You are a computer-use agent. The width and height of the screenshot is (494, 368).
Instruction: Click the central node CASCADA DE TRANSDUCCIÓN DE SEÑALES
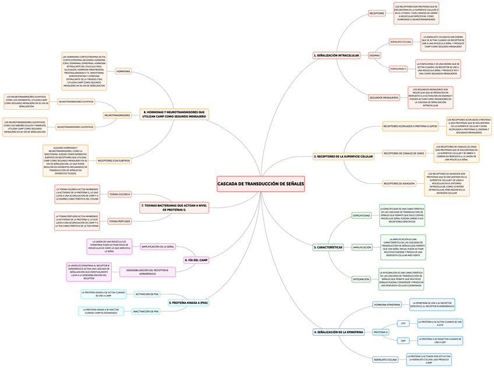[260, 184]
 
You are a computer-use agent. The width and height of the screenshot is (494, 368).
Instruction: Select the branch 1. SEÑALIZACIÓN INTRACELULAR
[336, 55]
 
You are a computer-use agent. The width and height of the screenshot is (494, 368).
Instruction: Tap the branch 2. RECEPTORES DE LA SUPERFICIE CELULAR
[343, 156]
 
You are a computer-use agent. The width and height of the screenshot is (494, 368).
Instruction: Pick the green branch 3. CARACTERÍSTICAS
[328, 247]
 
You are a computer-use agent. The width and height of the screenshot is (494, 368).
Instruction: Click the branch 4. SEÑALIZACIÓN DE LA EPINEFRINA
[338, 332]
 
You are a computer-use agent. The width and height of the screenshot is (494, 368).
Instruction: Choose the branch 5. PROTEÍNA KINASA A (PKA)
[188, 303]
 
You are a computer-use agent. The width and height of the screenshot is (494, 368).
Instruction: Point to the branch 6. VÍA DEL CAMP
[196, 260]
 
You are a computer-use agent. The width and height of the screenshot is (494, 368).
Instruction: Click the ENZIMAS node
[375, 55]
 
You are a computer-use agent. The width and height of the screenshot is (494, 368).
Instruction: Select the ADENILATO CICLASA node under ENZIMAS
[401, 42]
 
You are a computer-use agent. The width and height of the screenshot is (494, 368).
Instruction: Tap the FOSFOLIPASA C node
[398, 69]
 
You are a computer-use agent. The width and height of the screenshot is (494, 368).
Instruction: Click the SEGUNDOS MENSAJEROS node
[384, 97]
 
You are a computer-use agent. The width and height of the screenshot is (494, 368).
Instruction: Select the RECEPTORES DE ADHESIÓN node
[399, 183]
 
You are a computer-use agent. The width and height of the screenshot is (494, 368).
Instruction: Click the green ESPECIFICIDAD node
[361, 215]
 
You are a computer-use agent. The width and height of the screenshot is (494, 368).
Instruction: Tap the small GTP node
[403, 323]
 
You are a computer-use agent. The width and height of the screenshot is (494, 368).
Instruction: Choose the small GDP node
[403, 341]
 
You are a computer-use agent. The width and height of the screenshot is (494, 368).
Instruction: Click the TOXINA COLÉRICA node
[119, 194]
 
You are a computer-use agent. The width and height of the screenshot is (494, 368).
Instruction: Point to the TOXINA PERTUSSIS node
[119, 222]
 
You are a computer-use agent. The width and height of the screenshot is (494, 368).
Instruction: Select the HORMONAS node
[123, 71]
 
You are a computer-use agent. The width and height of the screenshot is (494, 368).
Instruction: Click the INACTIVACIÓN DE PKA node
[146, 311]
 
